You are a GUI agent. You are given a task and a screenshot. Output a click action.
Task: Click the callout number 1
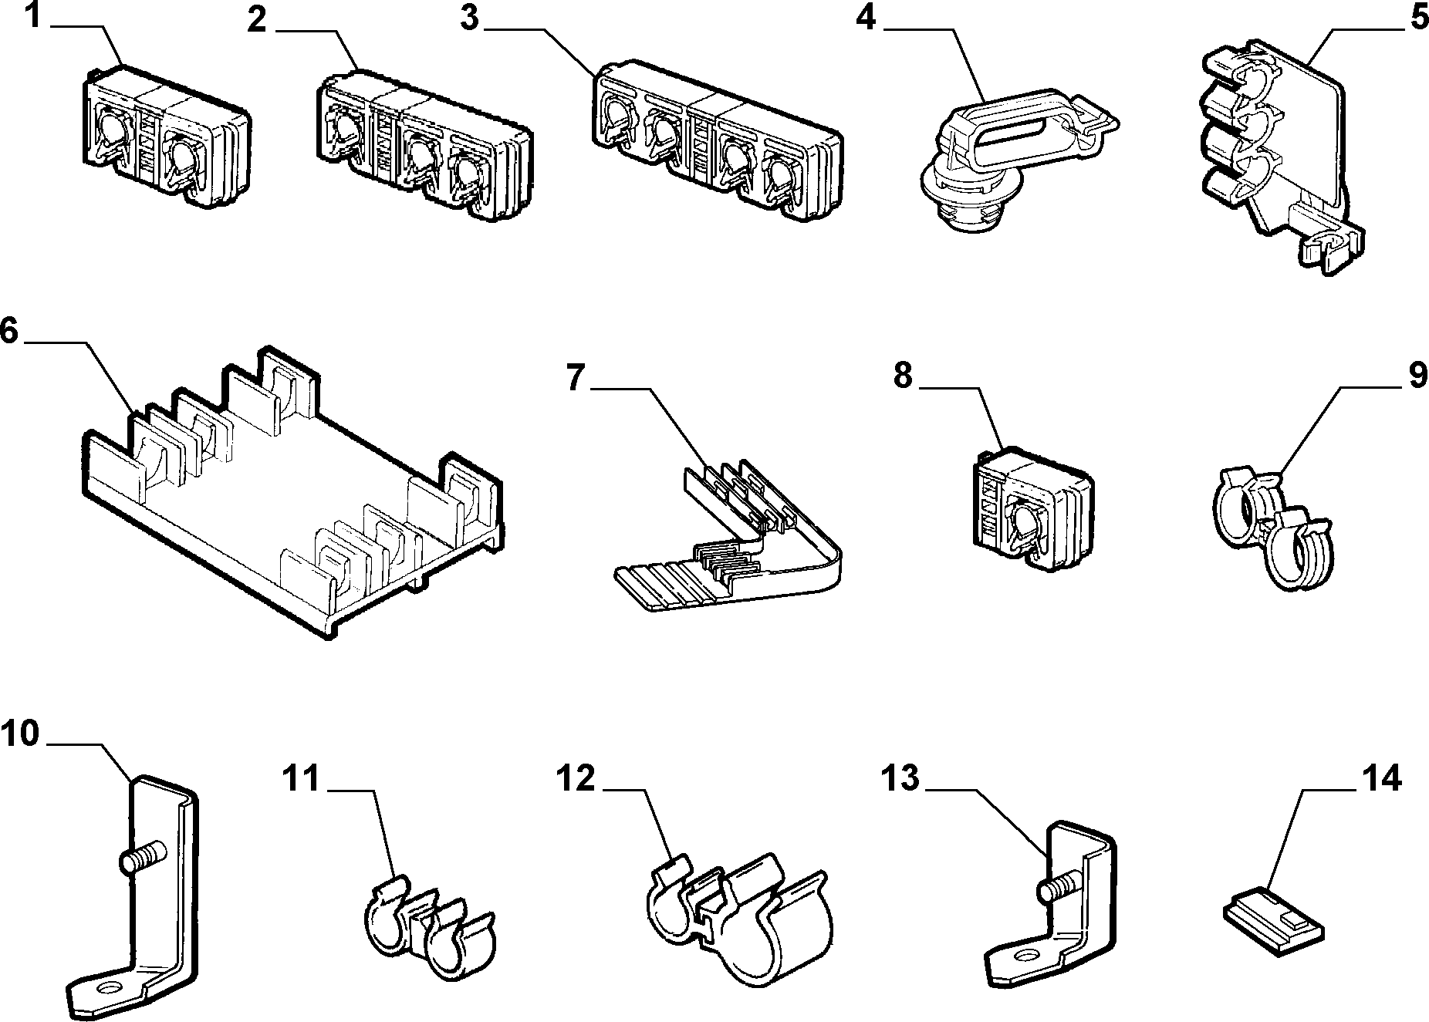pos(32,16)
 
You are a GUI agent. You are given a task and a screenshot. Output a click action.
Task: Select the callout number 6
pos(8,331)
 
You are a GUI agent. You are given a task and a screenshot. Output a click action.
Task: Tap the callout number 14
pos(1382,780)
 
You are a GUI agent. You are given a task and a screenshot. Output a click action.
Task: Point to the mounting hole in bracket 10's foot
pos(109,989)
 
